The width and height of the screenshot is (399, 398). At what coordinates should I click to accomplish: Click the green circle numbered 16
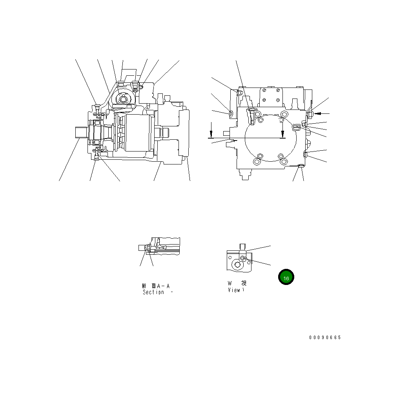pos(286,277)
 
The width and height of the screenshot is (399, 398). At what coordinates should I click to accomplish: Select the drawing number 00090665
pos(325,338)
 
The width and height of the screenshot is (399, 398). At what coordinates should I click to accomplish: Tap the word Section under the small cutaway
pos(153,292)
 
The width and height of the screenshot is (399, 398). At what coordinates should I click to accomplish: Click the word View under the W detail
pos(234,290)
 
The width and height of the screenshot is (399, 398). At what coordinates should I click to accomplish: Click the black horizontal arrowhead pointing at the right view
pos(318,113)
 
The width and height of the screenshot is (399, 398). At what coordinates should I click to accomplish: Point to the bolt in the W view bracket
pos(243,257)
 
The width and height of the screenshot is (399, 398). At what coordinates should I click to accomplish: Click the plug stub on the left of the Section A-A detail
pos(142,248)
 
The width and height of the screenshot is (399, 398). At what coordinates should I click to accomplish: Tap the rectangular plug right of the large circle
pos(297,126)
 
